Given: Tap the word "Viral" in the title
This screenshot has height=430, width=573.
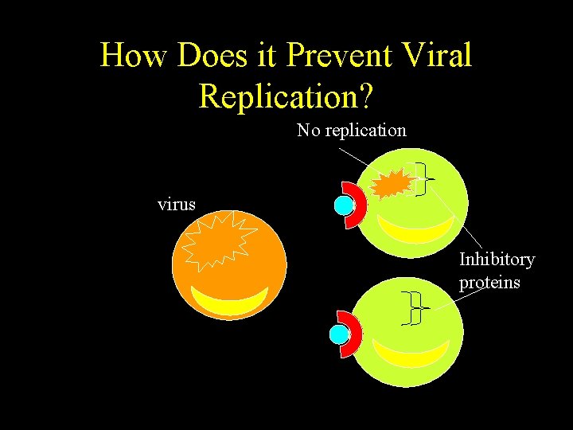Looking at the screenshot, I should click(x=438, y=56).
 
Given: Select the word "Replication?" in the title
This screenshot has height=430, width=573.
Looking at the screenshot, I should click(x=286, y=95).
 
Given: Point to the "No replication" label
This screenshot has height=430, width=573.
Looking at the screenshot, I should click(x=351, y=130).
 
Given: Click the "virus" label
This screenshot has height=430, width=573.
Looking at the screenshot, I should click(x=177, y=204).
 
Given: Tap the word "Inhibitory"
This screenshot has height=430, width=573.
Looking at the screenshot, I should click(x=497, y=260).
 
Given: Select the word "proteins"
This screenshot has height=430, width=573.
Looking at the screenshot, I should click(x=489, y=282).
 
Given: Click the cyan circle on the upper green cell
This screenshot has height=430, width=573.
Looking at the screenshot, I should click(x=343, y=205).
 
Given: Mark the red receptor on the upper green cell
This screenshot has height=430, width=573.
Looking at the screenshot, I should click(x=357, y=205).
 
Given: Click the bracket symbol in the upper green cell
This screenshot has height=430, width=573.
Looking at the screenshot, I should click(x=423, y=179).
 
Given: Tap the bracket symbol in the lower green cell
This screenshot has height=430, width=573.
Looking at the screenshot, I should click(x=414, y=308).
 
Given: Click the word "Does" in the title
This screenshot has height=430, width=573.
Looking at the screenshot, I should click(x=208, y=56).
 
